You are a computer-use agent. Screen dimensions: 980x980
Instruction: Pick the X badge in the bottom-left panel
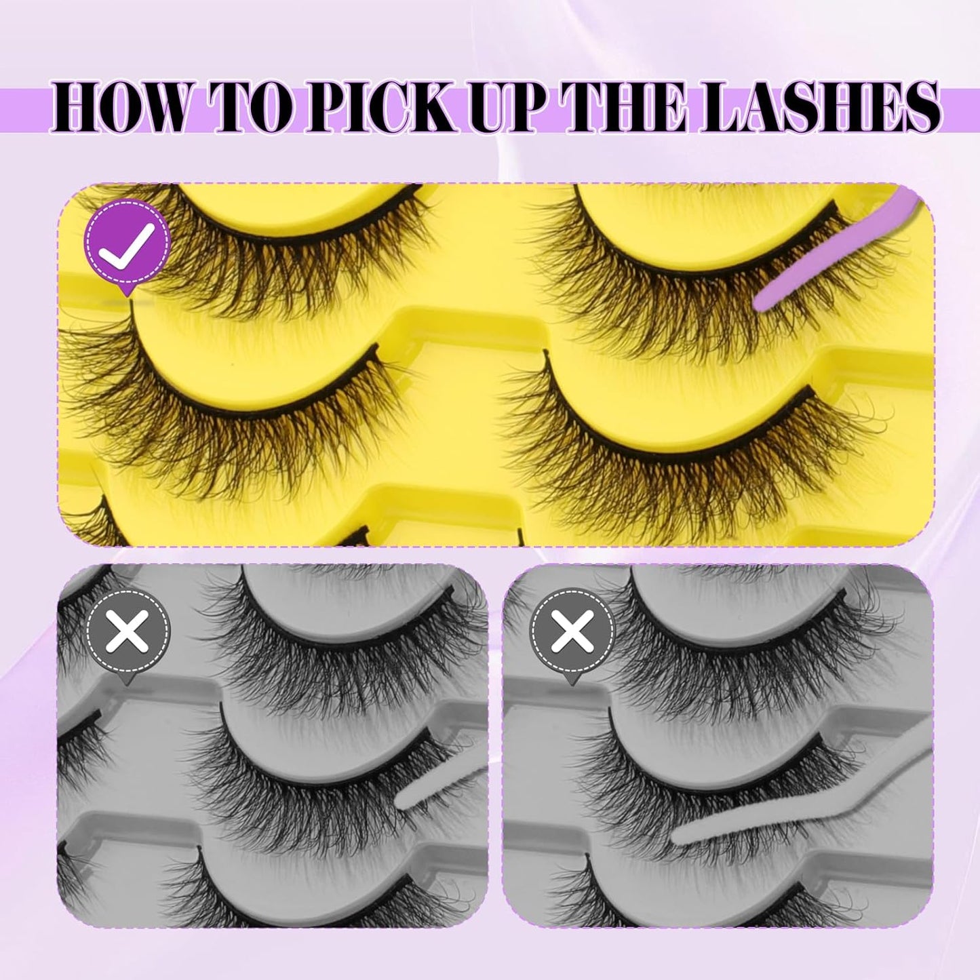(x=128, y=631)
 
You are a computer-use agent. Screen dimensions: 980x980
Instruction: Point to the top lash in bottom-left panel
(x=353, y=651)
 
